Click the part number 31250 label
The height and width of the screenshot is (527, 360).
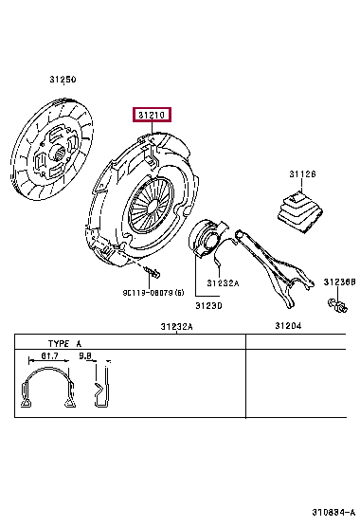(63, 80)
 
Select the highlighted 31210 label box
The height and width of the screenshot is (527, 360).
(152, 115)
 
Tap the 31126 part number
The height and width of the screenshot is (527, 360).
(302, 174)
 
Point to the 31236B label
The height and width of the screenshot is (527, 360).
(339, 282)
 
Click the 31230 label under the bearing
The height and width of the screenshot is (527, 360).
(208, 306)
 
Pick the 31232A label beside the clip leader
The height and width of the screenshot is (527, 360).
(223, 283)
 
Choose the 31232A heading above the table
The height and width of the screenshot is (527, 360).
(176, 326)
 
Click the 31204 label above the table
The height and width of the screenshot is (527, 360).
(288, 326)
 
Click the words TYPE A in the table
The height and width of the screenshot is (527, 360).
(64, 343)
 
